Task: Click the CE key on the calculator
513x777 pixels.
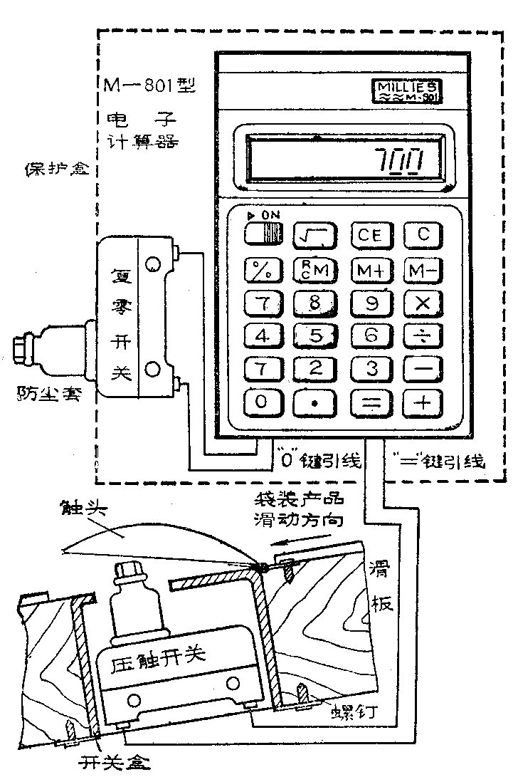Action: (369, 235)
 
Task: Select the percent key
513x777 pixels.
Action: (261, 269)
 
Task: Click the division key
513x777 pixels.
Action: (423, 335)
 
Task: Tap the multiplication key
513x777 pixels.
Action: (423, 302)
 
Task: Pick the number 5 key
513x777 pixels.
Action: (314, 335)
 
